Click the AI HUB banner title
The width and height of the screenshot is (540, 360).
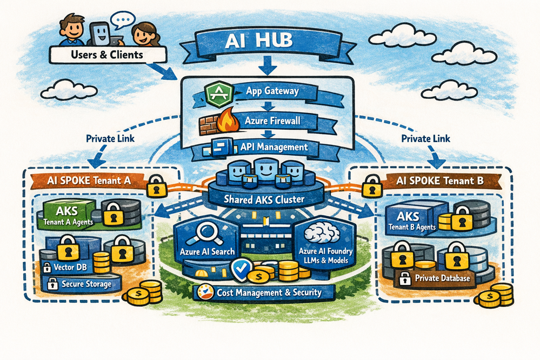pos(258,41)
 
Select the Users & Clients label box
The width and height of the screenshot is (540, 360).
pos(108,55)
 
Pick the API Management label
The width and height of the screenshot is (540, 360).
pos(274,148)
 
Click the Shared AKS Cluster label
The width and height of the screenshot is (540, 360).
pos(264,199)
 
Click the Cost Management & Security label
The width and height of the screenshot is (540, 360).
pos(269,293)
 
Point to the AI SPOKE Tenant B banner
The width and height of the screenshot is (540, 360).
pos(440,181)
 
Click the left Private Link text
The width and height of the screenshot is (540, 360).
pos(110,139)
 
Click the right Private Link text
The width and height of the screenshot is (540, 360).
pos(425,139)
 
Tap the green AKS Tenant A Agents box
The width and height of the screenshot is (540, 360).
pos(66,215)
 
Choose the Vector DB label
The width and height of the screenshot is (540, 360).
pos(70,268)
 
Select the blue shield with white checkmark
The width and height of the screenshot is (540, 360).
pos(241,269)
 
